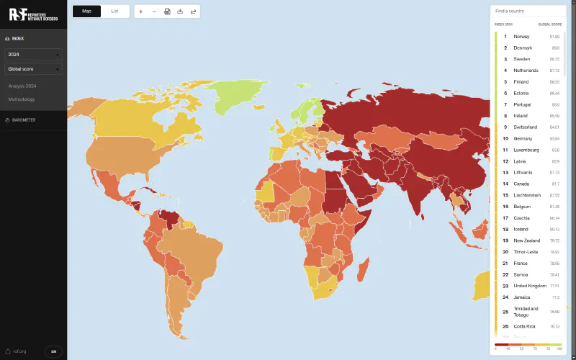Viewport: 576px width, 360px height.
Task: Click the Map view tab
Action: (86, 12)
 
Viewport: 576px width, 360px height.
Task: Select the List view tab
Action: (114, 12)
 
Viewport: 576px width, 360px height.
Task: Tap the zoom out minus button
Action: (153, 12)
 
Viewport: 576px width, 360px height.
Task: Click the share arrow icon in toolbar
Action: (193, 12)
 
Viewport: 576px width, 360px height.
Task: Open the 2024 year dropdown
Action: (33, 54)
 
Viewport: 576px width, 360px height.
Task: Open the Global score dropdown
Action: (33, 69)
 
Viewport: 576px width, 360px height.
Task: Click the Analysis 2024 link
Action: (22, 86)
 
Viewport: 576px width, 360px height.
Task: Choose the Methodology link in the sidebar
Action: (22, 99)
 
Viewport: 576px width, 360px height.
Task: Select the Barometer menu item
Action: (23, 120)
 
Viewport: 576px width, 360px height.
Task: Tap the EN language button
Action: (53, 351)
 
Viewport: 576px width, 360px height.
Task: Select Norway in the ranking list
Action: (522, 36)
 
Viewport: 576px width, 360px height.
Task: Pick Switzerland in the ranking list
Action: (526, 127)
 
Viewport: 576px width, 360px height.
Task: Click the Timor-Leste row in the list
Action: (526, 252)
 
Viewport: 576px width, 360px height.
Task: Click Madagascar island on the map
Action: (364, 269)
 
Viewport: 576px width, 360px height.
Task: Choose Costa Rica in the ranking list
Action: (525, 326)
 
